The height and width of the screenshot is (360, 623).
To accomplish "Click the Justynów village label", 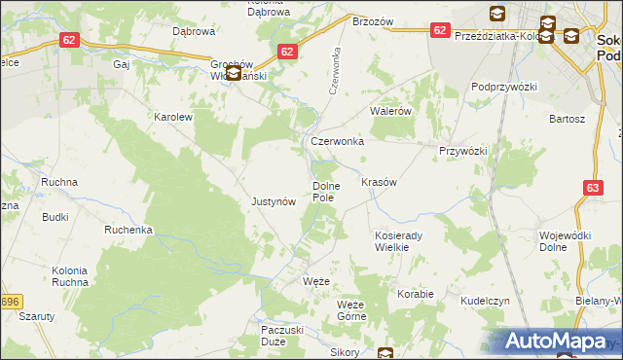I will click(273, 201).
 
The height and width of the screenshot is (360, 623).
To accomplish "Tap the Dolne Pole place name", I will click(324, 192).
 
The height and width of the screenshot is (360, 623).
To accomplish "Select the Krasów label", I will click(379, 182).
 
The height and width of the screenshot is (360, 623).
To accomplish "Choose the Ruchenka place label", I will click(129, 231).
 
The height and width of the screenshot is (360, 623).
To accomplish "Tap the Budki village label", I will click(55, 217).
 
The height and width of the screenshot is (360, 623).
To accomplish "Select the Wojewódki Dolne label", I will click(567, 241).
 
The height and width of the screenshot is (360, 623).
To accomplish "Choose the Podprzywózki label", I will click(505, 87).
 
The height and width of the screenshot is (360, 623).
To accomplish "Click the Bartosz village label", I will click(567, 119).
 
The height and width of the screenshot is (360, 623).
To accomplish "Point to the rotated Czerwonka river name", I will click(335, 69).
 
